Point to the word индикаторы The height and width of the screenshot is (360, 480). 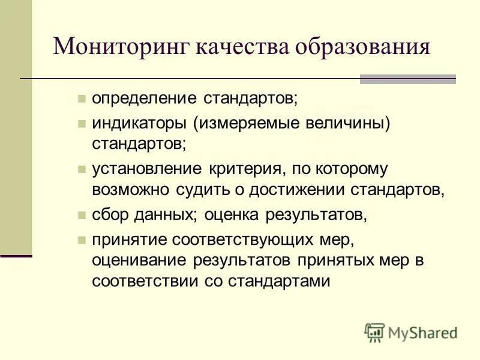click(x=139, y=123)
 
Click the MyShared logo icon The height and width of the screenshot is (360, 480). click(x=374, y=332)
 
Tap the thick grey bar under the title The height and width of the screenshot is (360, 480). click(x=408, y=79)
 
